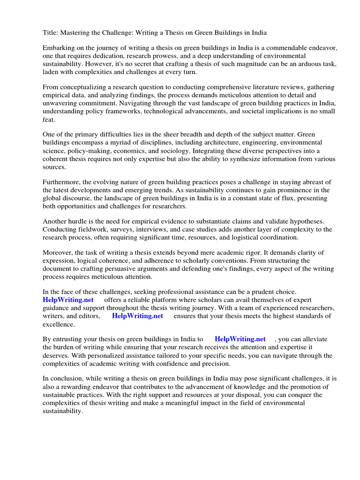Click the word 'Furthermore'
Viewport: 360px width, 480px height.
point(62,182)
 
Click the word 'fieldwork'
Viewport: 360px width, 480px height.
point(94,229)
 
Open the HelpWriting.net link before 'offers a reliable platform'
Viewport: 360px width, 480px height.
point(68,300)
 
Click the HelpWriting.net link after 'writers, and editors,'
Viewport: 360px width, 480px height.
point(137,316)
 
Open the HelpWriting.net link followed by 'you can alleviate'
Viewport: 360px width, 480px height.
point(240,339)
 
